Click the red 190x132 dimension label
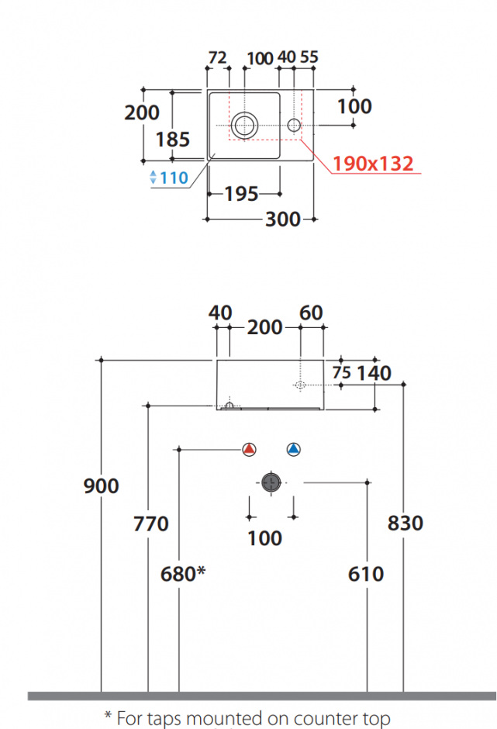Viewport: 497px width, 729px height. click(x=373, y=164)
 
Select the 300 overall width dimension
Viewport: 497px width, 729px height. click(x=283, y=219)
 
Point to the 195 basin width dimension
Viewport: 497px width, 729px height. click(x=241, y=194)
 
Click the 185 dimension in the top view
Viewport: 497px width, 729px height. click(x=172, y=140)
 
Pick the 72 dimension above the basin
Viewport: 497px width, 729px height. click(x=217, y=57)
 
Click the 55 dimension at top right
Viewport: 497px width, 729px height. click(x=309, y=57)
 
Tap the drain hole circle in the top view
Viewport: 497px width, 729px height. click(x=244, y=125)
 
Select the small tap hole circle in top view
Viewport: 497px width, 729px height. click(x=294, y=125)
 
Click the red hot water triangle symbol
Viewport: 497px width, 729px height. click(x=249, y=449)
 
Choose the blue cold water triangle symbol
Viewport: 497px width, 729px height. click(x=293, y=449)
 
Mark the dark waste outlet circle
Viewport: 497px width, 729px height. click(x=271, y=482)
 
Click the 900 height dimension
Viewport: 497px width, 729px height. click(x=101, y=485)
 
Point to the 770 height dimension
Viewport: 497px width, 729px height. click(x=150, y=524)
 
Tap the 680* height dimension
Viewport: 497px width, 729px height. click(x=183, y=574)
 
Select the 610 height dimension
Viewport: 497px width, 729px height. click(x=366, y=574)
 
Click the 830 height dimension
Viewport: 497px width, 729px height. click(x=406, y=523)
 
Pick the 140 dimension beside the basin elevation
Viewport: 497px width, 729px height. click(x=374, y=373)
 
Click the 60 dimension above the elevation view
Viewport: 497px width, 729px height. click(x=311, y=313)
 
